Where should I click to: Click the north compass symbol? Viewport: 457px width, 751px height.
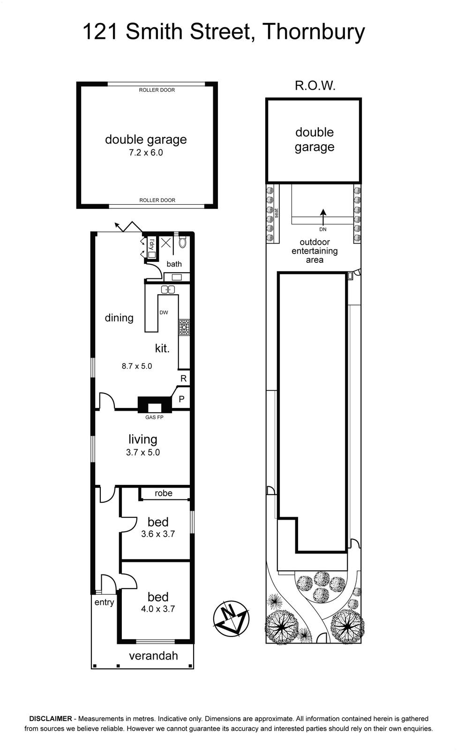point(232,619)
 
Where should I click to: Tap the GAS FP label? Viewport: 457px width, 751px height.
point(154,417)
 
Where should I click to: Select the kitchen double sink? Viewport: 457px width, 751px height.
point(168,289)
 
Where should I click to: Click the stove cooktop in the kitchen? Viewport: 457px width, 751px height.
point(184,328)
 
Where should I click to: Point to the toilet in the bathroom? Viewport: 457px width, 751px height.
point(182,242)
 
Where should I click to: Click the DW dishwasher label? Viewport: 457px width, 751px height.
point(164,313)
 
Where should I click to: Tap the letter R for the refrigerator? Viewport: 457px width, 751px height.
point(183,378)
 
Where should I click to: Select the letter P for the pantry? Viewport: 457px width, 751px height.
point(182,399)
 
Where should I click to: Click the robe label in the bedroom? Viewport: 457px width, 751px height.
point(164,493)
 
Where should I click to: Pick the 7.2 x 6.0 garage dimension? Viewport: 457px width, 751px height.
point(146,153)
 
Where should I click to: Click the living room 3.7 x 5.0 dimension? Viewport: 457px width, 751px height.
point(143,452)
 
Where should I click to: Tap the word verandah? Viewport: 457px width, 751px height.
point(153,655)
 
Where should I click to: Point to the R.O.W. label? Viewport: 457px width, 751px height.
point(315,86)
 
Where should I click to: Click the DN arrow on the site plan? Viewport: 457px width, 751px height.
point(323,217)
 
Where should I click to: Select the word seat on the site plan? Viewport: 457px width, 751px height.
point(277,213)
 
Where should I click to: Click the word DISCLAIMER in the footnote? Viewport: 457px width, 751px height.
point(51,719)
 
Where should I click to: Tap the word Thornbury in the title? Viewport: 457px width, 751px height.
point(314,32)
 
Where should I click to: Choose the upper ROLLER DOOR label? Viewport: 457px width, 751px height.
point(157,90)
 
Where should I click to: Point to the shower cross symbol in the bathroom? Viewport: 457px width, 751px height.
point(166,242)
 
